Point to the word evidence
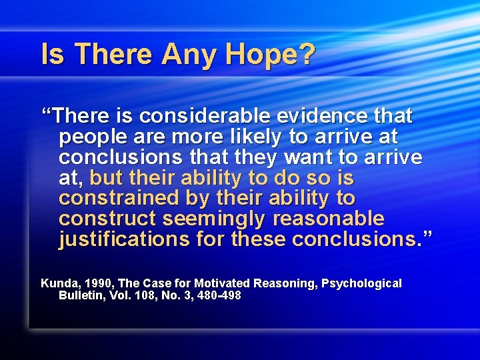click(x=328, y=116)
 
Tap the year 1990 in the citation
click(x=97, y=283)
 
